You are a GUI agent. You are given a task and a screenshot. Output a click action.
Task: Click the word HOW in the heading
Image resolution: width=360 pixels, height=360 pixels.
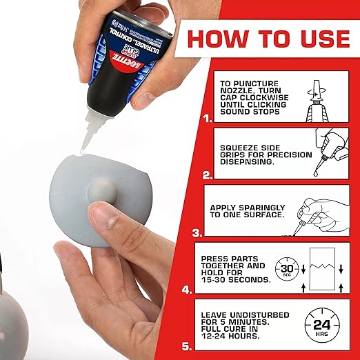click(215, 38)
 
